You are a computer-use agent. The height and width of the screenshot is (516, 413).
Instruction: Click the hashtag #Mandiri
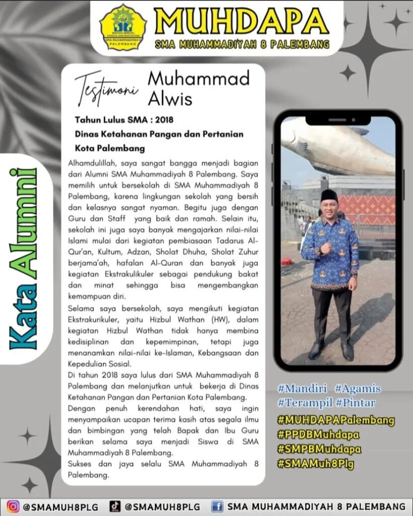[302, 389]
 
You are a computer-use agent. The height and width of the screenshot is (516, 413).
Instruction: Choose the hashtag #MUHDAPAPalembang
[336, 420]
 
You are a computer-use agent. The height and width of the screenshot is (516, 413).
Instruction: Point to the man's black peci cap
[329, 195]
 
